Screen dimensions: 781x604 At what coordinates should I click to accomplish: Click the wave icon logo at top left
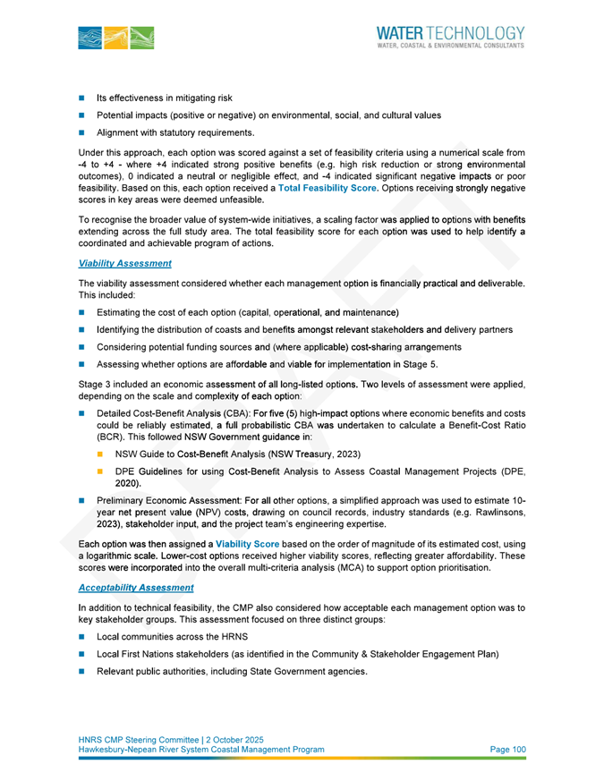pyautogui.click(x=116, y=38)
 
